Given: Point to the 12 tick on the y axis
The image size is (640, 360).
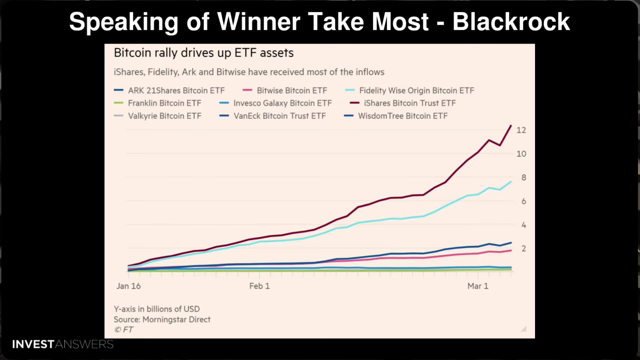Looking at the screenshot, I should (521, 130).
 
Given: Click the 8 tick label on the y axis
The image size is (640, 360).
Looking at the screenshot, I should (524, 178).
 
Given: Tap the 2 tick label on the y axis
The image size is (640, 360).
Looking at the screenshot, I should (524, 249).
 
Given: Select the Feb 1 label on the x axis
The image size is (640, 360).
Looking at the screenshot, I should (259, 286).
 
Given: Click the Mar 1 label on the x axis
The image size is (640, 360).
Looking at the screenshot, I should (478, 286).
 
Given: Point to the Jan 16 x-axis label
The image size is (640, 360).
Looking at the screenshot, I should (128, 286).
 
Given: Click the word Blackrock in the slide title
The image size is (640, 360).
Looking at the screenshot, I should (511, 22).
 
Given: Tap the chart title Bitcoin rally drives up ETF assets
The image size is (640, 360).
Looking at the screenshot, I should (204, 53).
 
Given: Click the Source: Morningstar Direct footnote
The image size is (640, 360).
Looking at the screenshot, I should (162, 320).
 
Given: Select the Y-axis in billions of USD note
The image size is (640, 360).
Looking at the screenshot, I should (157, 309).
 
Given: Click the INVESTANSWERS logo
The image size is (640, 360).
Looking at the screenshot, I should (63, 344).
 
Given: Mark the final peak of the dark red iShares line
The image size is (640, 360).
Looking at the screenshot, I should (511, 125).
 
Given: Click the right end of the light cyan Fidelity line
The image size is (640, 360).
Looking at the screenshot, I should (511, 182).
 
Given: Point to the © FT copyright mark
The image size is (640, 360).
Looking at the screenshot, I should (124, 330).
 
